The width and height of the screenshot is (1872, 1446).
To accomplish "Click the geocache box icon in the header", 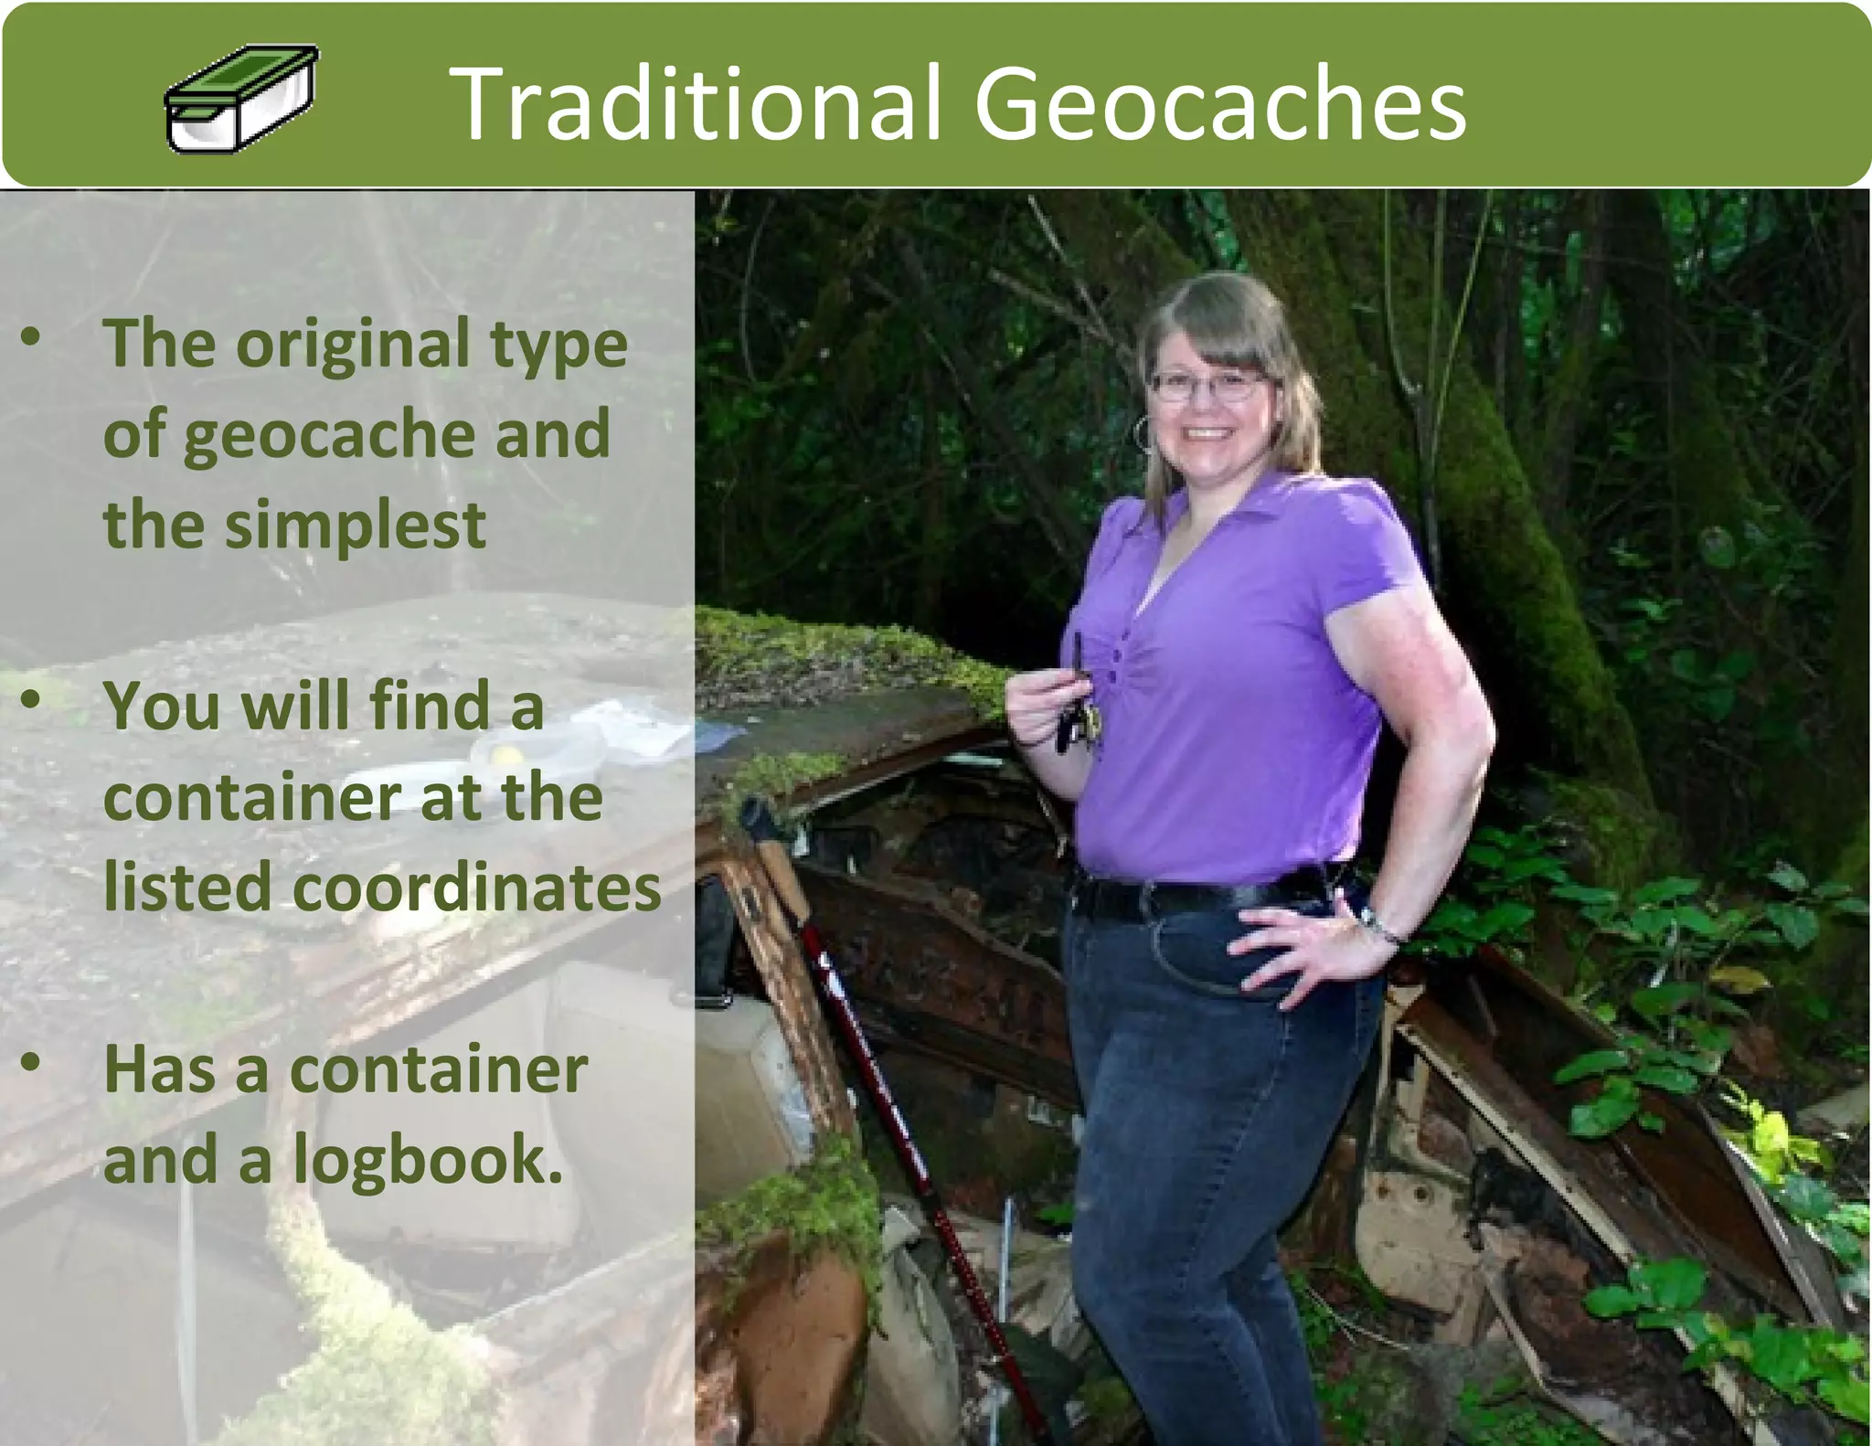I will point(242,99).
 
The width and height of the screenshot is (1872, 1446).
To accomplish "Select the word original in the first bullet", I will point(353,346).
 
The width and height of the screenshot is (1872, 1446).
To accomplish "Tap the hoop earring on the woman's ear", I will point(1143,433).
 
